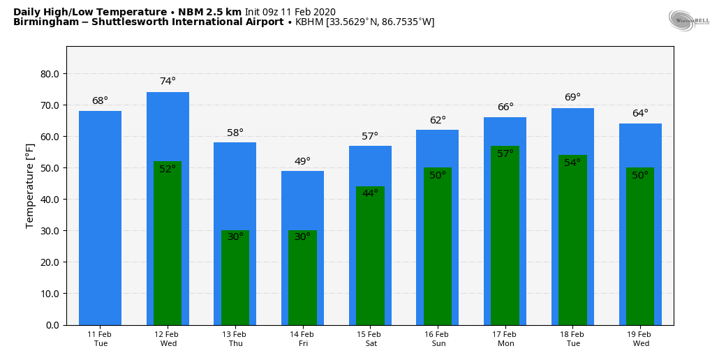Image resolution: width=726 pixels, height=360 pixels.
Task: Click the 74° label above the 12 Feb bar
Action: [168, 81]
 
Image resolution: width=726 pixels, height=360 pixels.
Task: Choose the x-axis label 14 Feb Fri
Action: [302, 339]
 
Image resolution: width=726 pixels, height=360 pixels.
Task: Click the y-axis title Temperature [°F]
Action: [30, 186]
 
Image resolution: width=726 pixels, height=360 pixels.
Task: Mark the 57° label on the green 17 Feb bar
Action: [505, 153]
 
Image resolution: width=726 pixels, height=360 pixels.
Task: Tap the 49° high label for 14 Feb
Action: [302, 161]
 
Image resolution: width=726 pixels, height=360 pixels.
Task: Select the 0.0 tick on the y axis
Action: [52, 325]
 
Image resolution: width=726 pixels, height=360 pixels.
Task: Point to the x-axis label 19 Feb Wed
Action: [640, 339]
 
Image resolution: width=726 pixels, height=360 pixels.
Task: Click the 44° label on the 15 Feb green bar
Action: [370, 193]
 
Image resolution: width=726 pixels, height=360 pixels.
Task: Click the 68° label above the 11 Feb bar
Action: [100, 100]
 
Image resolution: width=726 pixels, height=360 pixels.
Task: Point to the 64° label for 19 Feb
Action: [640, 113]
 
